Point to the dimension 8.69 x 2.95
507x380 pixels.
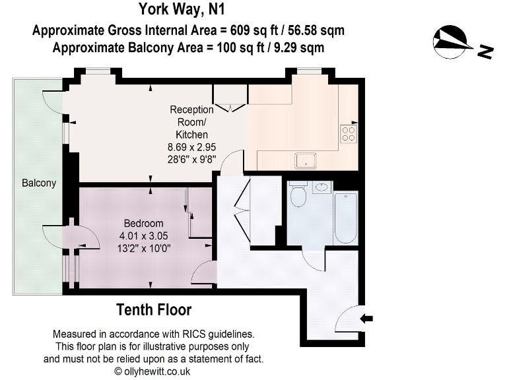tap(192, 147)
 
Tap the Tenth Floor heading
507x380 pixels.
tap(154, 309)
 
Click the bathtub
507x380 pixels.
tap(345, 218)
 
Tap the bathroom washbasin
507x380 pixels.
tap(321, 187)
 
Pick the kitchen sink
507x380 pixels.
tap(306, 160)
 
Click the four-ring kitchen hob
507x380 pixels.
tap(348, 134)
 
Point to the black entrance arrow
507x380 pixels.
tap(367, 319)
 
